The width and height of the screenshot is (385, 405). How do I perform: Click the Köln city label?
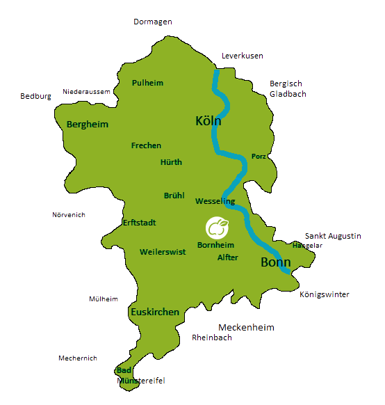pyautogui.click(x=208, y=122)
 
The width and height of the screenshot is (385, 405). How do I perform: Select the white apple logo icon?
pyautogui.click(x=217, y=227)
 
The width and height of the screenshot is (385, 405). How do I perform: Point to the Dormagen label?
pyautogui.click(x=152, y=22)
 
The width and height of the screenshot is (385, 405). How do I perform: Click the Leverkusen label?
pyautogui.click(x=242, y=56)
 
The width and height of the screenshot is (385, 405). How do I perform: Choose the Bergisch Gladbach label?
pyautogui.click(x=287, y=88)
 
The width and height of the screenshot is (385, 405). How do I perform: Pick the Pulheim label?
pyautogui.click(x=147, y=83)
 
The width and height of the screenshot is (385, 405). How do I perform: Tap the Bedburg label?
pyautogui.click(x=35, y=96)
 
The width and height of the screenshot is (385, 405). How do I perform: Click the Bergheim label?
pyautogui.click(x=87, y=125)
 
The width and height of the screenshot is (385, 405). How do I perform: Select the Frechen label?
pyautogui.click(x=146, y=145)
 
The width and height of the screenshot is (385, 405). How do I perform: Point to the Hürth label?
pyautogui.click(x=171, y=162)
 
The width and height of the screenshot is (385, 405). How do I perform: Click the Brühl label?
pyautogui.click(x=174, y=196)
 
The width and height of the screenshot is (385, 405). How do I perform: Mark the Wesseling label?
pyautogui.click(x=215, y=201)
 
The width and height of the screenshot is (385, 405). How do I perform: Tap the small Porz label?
pyautogui.click(x=259, y=157)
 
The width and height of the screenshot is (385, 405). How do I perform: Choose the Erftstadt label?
pyautogui.click(x=139, y=223)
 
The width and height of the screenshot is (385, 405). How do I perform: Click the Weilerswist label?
pyautogui.click(x=162, y=252)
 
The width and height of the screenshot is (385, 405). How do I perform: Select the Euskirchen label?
pyautogui.click(x=155, y=312)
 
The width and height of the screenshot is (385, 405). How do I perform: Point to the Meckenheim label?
pyautogui.click(x=246, y=327)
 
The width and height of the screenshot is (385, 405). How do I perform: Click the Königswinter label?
pyautogui.click(x=324, y=294)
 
